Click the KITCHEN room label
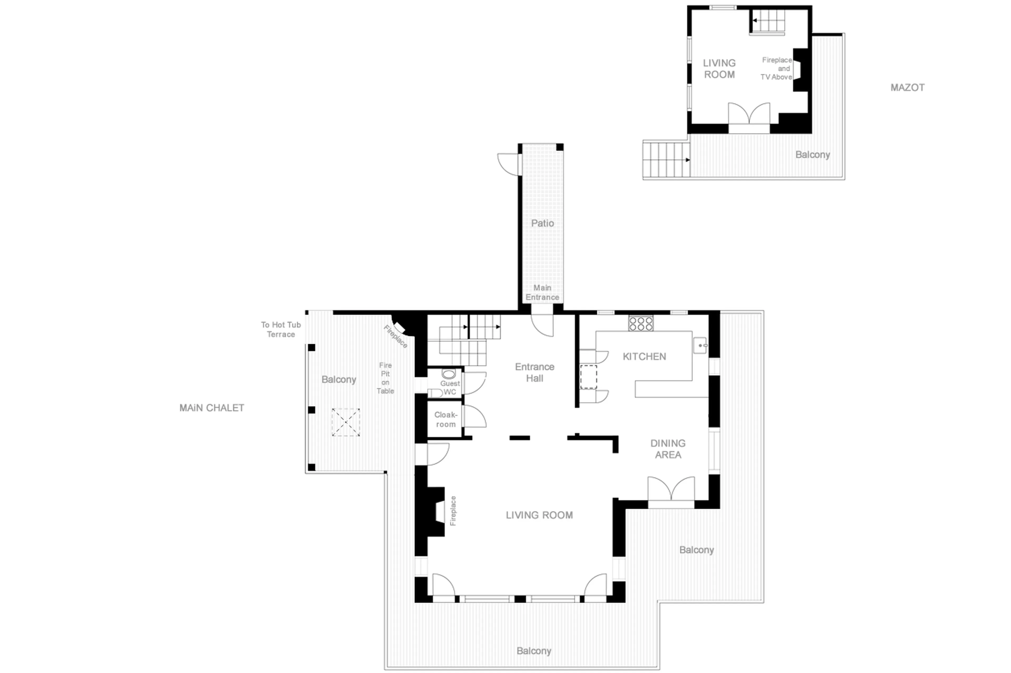point(644,356)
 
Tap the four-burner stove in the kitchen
point(640,323)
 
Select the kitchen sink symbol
point(700,345)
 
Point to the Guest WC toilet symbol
point(448,373)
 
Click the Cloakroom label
point(445,419)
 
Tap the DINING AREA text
point(668,449)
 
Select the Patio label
point(542,223)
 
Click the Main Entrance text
point(542,292)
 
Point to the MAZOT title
point(907,88)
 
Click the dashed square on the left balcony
point(345,422)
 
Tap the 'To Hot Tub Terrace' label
point(281,330)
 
